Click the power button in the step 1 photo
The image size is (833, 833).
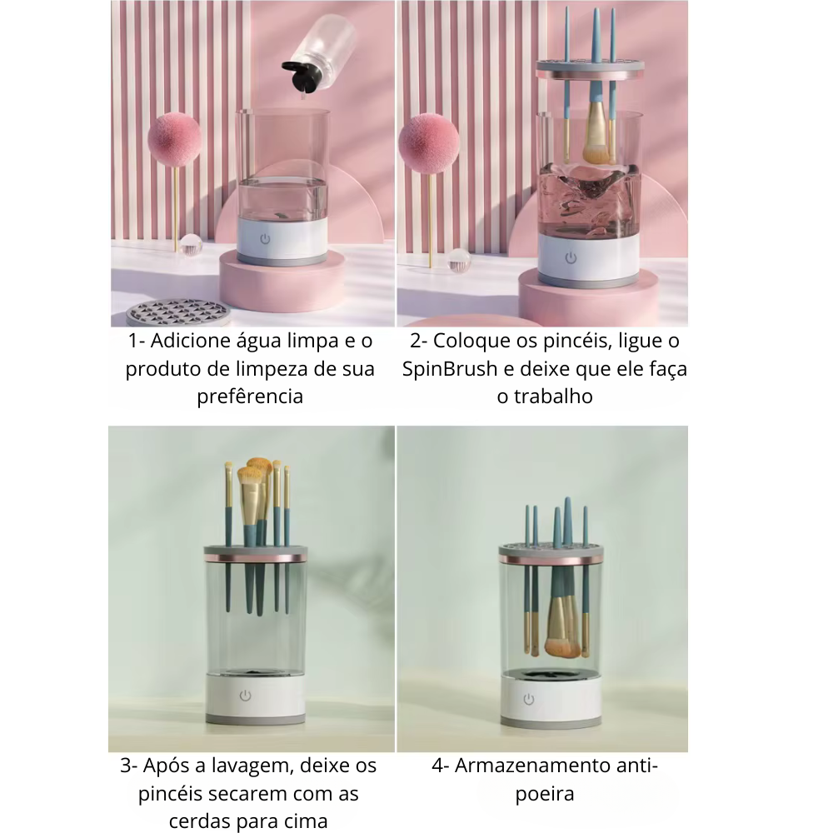coord(265,239)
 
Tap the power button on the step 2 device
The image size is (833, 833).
coord(571,258)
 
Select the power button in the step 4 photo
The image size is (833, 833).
coord(529,699)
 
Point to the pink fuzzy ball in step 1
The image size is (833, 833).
coord(174,138)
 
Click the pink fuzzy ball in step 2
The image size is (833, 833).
coord(428,140)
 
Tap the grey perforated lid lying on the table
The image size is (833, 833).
coord(178,312)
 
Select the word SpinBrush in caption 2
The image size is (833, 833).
coord(450,369)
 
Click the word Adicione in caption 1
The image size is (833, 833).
coord(186,341)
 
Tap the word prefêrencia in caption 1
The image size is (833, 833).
coord(250,397)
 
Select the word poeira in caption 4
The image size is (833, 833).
coord(545,794)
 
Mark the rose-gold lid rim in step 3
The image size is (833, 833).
coord(255,558)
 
